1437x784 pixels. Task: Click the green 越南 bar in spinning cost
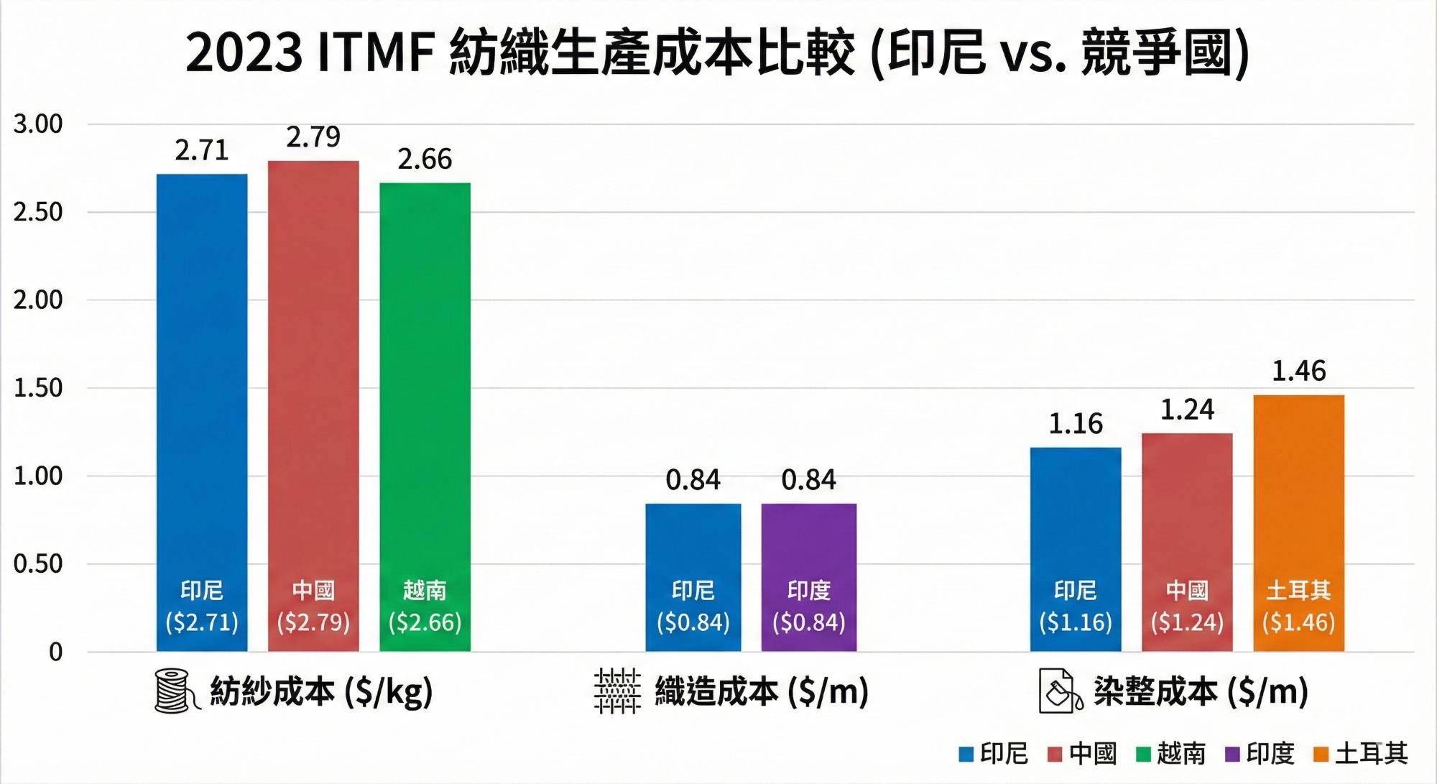pos(425,417)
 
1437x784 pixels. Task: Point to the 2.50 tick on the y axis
pos(38,213)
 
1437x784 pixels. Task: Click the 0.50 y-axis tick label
pos(38,564)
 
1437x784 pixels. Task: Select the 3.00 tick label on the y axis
pos(38,124)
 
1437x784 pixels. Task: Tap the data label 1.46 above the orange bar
pos(1298,372)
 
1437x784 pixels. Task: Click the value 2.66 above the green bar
pos(425,160)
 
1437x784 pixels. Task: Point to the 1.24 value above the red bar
pos(1187,410)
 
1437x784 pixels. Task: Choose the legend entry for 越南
pos(1171,754)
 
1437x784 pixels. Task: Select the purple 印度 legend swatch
pos(1232,755)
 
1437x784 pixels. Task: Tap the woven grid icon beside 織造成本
pos(617,691)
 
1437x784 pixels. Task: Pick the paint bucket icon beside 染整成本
pos(1060,691)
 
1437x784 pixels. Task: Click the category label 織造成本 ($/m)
pos(762,691)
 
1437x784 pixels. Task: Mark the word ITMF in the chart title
pos(375,53)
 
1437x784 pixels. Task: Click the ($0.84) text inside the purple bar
pos(808,622)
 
